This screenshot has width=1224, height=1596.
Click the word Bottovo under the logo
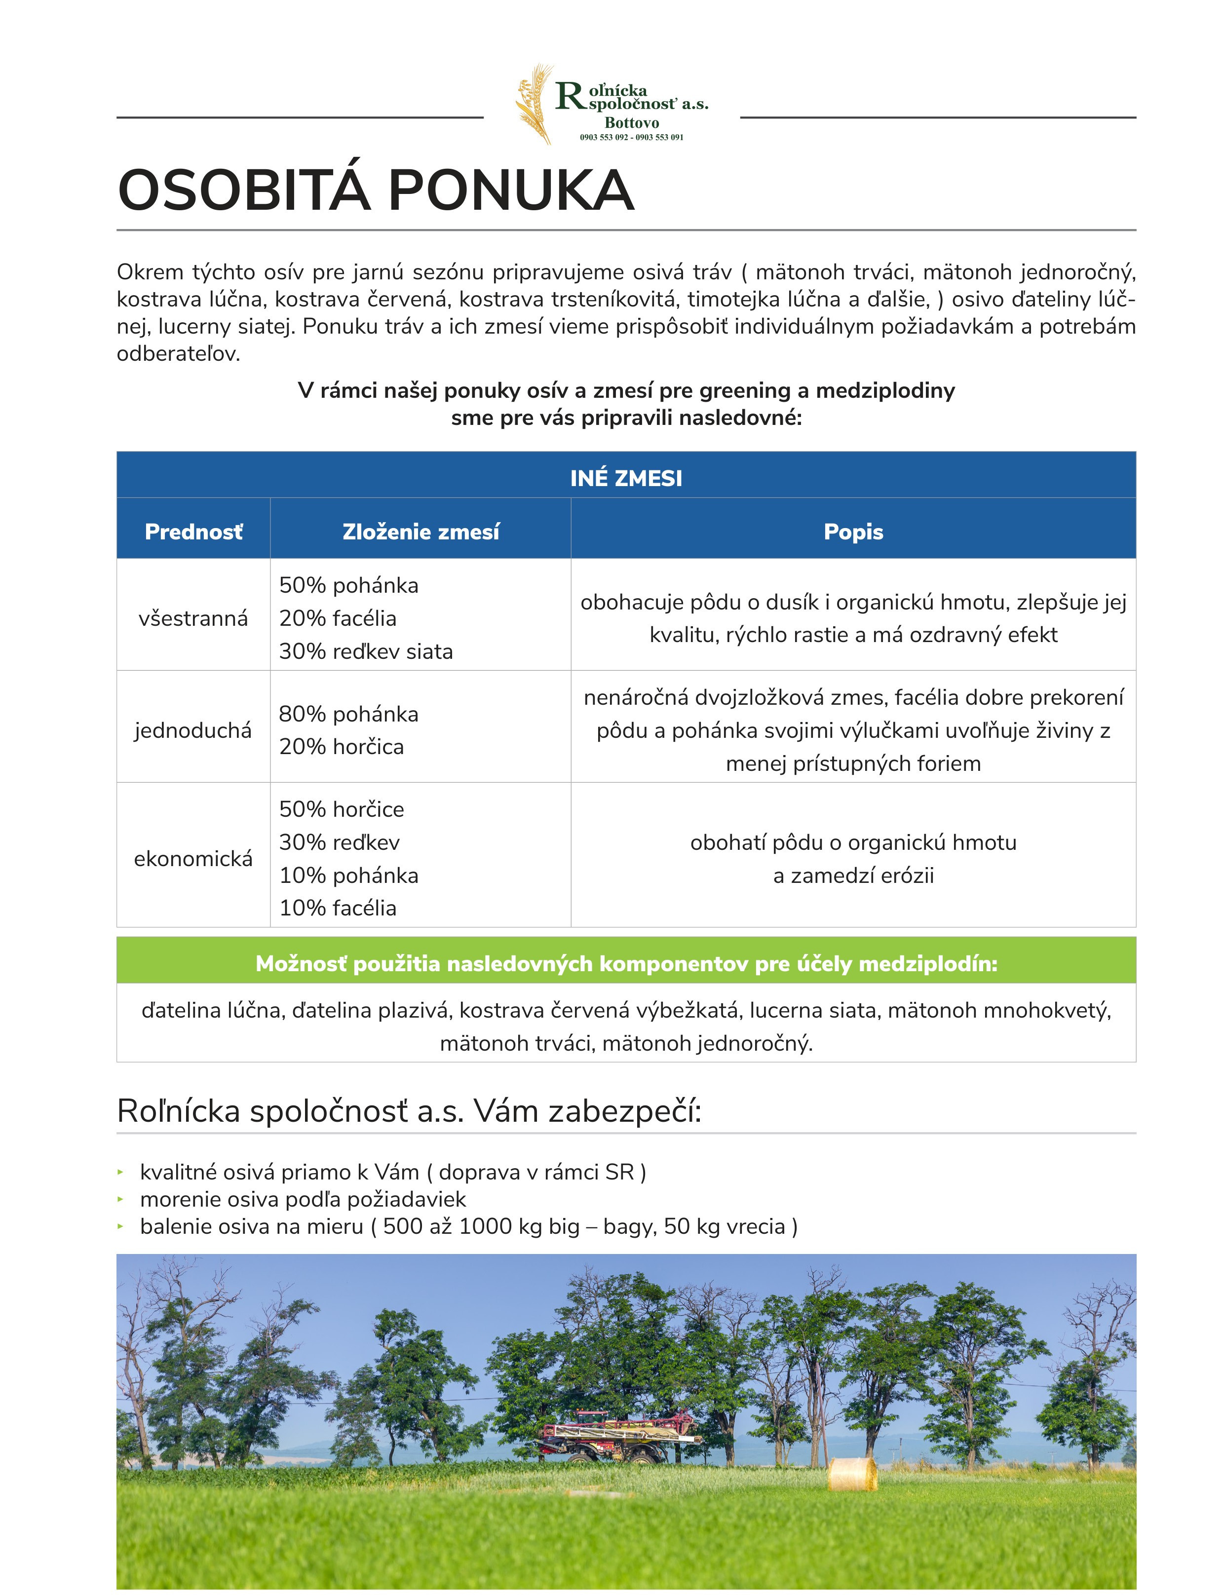(x=632, y=123)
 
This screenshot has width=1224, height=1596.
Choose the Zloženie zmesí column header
(x=421, y=532)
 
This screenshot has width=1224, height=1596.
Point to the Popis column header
(x=853, y=532)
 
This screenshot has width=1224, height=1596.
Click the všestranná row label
(x=193, y=618)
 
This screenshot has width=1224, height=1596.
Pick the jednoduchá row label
(x=193, y=730)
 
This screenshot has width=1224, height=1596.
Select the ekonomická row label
(x=193, y=859)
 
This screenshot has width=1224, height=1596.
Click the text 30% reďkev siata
(x=366, y=651)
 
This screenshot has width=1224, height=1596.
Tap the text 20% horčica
(x=341, y=747)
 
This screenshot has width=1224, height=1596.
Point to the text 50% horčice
(x=341, y=809)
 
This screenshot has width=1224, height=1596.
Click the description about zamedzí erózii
(x=853, y=875)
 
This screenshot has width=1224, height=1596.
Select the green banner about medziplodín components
(x=626, y=964)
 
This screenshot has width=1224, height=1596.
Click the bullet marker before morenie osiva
(x=121, y=1199)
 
